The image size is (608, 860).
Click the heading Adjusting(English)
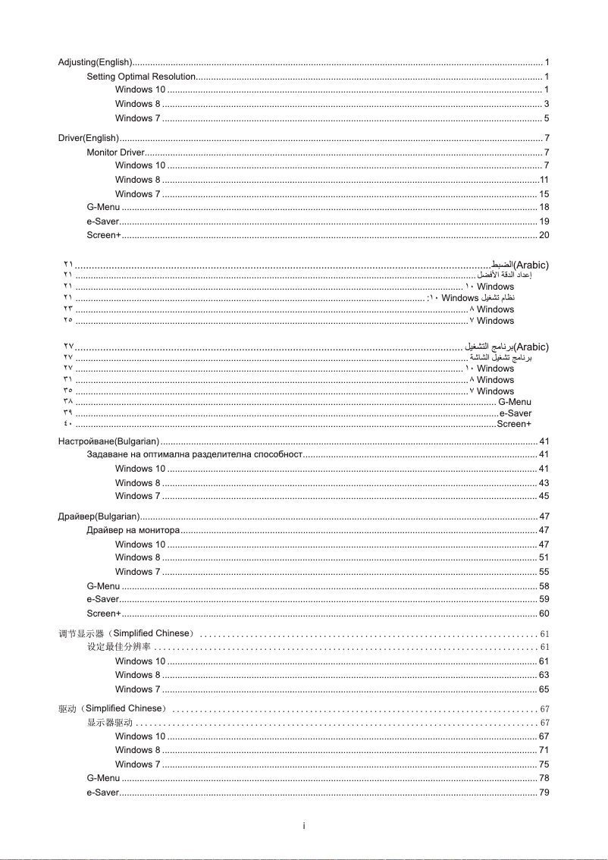tap(96, 61)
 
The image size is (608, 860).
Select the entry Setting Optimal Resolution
tap(141, 77)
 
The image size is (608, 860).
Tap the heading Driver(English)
tap(89, 138)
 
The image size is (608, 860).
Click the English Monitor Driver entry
tap(116, 152)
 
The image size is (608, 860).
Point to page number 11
tap(544, 180)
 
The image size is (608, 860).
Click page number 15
tap(544, 194)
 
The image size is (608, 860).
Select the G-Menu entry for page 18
tap(103, 207)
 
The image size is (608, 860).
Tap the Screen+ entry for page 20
tap(104, 235)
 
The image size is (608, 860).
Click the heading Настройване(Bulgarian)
tap(108, 441)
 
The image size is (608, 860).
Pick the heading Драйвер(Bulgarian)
tap(98, 516)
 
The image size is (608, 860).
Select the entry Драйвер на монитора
tap(133, 530)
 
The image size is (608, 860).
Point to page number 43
tap(544, 483)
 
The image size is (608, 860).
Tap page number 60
tap(544, 614)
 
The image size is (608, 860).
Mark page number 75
tap(544, 764)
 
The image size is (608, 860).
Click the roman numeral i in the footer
tap(303, 826)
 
